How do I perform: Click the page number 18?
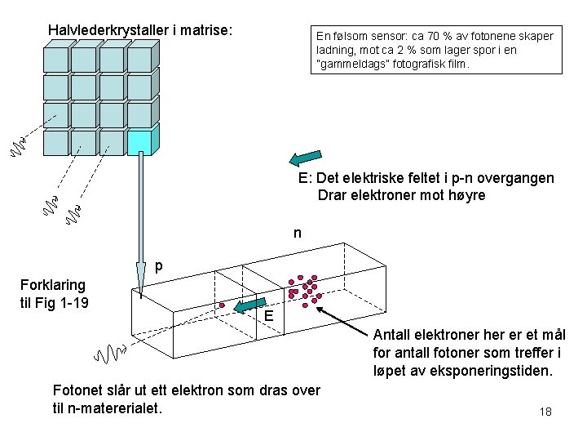(545, 411)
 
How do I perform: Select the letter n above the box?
(298, 234)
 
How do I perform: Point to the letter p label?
(159, 266)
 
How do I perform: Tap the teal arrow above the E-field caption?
(306, 156)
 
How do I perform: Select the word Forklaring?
(53, 285)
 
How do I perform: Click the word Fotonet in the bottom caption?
(77, 390)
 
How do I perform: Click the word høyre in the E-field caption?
(466, 195)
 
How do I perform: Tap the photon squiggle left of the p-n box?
(110, 354)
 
